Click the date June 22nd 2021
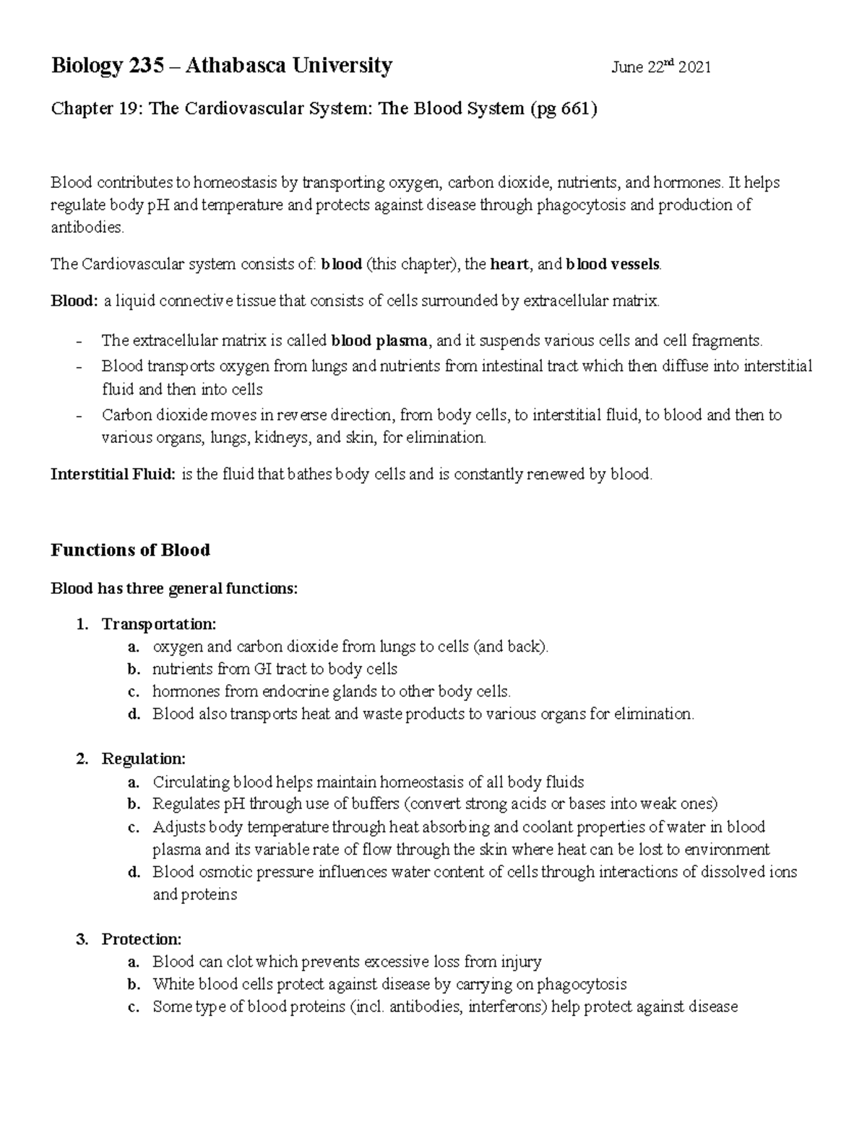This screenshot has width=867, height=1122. [661, 68]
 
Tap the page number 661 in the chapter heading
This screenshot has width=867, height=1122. [575, 109]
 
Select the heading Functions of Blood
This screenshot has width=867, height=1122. [130, 551]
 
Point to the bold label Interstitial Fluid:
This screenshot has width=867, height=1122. [113, 475]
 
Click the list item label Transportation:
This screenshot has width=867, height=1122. [159, 623]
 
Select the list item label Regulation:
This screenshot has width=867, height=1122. [144, 759]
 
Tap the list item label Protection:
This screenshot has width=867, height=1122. [142, 939]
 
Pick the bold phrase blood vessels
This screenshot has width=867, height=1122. [613, 264]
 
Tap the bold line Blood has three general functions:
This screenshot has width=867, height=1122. [173, 589]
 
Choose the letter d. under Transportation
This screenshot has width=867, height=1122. [133, 714]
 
